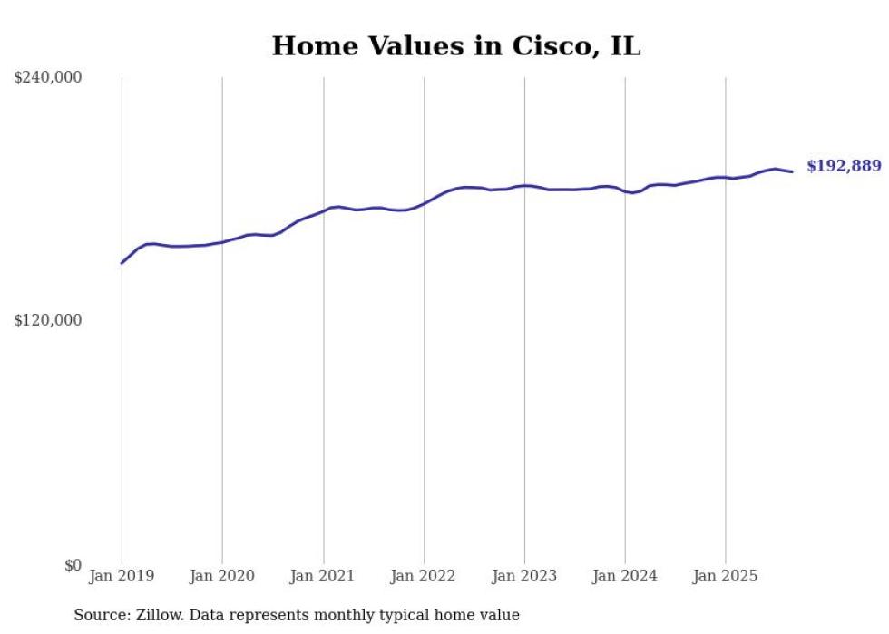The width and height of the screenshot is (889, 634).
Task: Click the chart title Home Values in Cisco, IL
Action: point(456,46)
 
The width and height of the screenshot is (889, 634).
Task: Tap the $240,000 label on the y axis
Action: point(48,77)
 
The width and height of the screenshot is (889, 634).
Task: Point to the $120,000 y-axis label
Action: point(48,320)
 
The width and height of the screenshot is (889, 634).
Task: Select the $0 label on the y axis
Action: point(73,565)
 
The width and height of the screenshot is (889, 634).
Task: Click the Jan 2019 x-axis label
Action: point(122,576)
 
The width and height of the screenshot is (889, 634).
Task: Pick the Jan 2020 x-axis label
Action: point(222,576)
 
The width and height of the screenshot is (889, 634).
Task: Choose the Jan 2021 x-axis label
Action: point(323,576)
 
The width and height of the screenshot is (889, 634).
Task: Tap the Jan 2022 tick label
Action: point(424,576)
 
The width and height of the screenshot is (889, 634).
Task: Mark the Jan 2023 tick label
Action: point(524,576)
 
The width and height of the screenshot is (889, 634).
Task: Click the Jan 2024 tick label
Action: point(625,576)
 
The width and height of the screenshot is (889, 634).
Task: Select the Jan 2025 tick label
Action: point(725,576)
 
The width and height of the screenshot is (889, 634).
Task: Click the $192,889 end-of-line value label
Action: point(844,166)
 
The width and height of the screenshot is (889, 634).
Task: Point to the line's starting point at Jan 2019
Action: point(122,263)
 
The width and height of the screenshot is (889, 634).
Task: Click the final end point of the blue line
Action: point(792,171)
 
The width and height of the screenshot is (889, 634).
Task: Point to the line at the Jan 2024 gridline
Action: point(625,191)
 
